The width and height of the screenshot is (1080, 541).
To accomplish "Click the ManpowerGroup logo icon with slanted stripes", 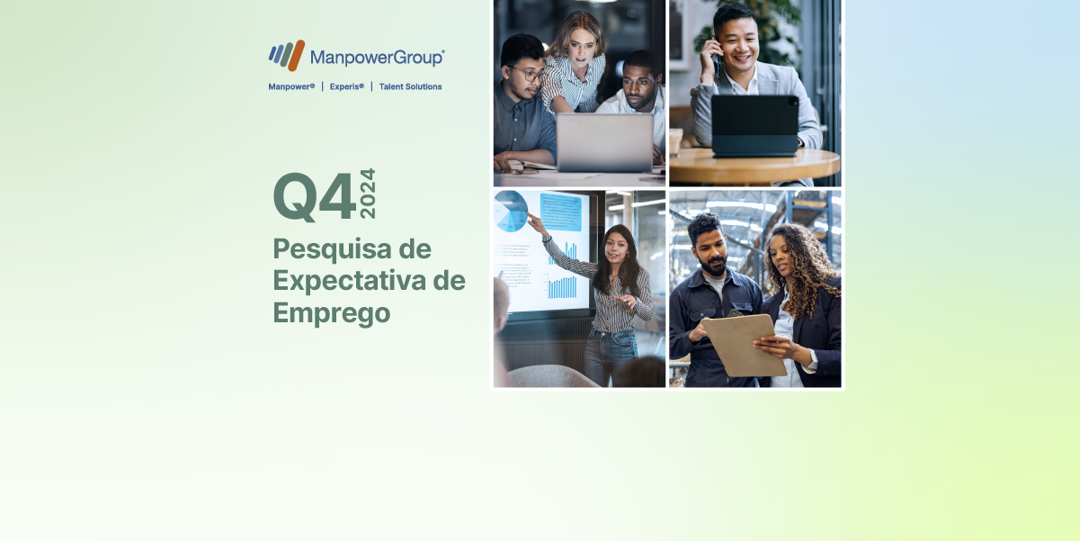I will coord(286,55).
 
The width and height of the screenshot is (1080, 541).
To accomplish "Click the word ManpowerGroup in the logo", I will coord(377,58).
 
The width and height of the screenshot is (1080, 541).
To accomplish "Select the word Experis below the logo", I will coord(346,86).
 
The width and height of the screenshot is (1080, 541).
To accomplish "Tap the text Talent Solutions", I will coord(410,86).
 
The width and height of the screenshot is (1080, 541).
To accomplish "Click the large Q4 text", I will coord(314,196).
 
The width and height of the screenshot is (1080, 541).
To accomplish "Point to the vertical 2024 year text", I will coord(368,194).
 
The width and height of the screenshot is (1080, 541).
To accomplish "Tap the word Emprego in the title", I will coord(331,312).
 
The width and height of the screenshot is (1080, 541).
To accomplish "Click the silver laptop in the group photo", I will coord(604,142).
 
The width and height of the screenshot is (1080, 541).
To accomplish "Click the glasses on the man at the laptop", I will coord(529,72).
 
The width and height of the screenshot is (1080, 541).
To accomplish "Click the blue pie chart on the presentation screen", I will coord(511,211).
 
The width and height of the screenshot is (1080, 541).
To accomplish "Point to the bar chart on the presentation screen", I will coord(564,284).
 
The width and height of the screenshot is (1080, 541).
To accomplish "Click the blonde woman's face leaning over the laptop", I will coord(578,42).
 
